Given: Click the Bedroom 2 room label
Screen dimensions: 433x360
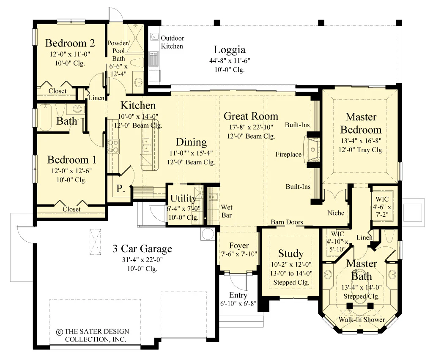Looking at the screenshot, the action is (x=70, y=43).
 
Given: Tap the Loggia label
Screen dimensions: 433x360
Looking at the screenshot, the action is (x=230, y=50).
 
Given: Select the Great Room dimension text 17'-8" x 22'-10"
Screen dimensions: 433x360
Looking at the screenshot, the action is (x=251, y=127).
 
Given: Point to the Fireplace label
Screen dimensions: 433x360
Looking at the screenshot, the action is (x=288, y=154).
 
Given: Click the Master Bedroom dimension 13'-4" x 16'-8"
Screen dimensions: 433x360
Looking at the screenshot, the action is (x=361, y=141).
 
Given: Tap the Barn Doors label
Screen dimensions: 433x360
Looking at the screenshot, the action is (x=287, y=222).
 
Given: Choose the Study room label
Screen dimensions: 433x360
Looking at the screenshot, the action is (x=291, y=254).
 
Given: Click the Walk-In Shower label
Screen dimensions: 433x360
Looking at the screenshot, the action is (x=362, y=320).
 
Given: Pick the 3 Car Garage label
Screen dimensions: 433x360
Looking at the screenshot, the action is (x=142, y=248).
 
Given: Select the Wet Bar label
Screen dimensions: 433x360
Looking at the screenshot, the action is (x=227, y=211).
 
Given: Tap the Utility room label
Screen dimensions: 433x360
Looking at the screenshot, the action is (x=183, y=198).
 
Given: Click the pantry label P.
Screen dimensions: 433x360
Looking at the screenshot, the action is (x=121, y=189).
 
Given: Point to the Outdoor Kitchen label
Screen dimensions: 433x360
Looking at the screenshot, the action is (x=173, y=42).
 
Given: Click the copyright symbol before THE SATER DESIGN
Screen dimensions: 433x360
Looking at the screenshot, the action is (x=59, y=332).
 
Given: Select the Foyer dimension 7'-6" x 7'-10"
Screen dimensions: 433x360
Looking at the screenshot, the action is (x=239, y=254).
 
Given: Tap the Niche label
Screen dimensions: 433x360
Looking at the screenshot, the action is (x=336, y=213).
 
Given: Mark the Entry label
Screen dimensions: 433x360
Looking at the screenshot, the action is (x=238, y=295).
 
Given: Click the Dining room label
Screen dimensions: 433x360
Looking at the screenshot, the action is (x=192, y=142).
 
